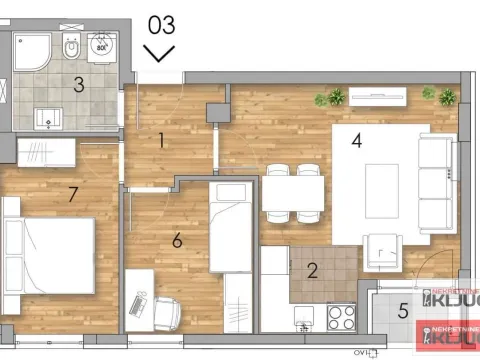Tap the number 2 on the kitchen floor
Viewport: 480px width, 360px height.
[x=312, y=269]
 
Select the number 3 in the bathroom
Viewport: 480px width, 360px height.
[x=79, y=84]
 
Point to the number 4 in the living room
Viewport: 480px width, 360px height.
[x=356, y=140]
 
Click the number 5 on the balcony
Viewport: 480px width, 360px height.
[x=404, y=310]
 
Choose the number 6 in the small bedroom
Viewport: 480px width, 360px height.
[x=177, y=240]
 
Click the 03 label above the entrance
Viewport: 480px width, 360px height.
[x=160, y=23]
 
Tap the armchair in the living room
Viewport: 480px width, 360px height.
[x=383, y=249]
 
